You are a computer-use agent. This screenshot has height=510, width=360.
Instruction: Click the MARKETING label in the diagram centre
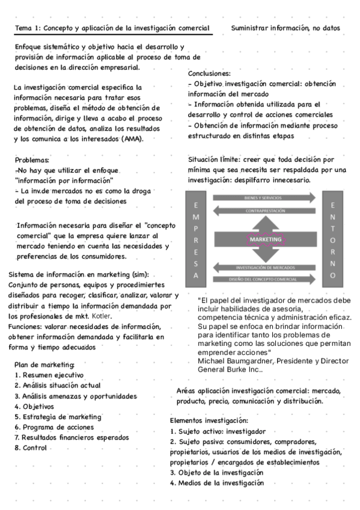[265, 239]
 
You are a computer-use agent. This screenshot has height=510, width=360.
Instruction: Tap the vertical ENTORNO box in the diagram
[333, 239]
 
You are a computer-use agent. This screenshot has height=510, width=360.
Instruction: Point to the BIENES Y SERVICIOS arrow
[263, 198]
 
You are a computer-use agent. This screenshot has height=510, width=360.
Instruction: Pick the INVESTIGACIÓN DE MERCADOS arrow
[263, 267]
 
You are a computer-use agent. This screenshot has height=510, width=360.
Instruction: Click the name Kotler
[102, 316]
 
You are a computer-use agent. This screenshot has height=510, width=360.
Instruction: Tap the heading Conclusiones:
[209, 73]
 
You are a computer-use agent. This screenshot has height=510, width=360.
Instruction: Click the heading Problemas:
[32, 160]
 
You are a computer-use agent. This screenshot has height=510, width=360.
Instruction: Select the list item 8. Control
[31, 448]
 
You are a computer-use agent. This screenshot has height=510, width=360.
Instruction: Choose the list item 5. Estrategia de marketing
[58, 417]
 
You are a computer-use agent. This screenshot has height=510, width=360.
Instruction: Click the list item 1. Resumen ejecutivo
[49, 375]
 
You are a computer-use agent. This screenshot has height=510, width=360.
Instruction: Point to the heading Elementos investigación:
[209, 420]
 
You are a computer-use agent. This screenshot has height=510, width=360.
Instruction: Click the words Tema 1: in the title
[28, 28]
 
